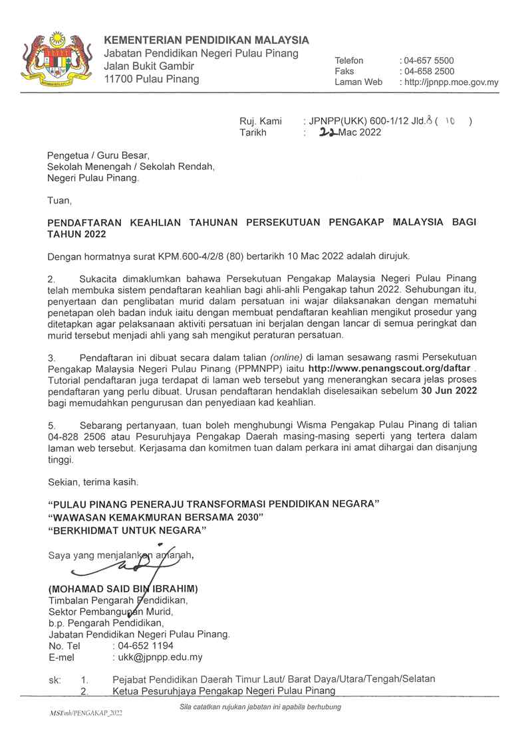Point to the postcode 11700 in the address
click(x=118, y=79)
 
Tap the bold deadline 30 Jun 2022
click(x=450, y=391)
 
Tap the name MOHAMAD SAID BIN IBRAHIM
click(x=123, y=589)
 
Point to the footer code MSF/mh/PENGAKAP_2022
click(x=86, y=712)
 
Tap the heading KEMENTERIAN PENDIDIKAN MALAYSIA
click(x=206, y=40)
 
